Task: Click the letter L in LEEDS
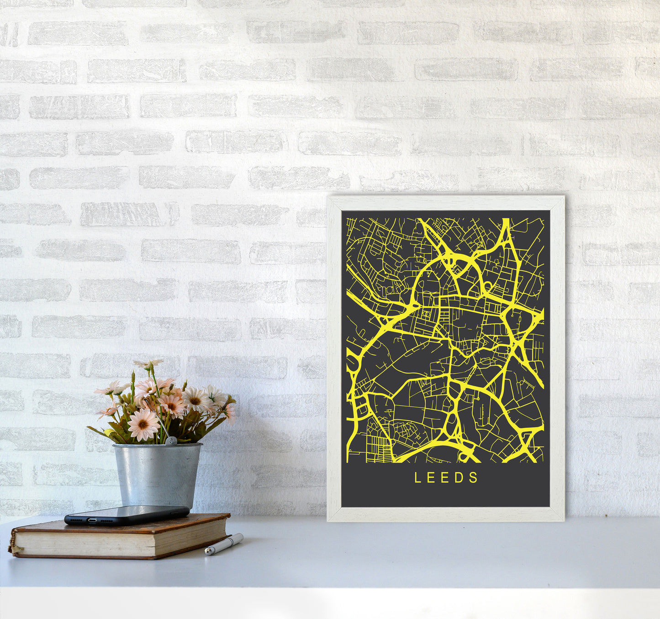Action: [x=417, y=478]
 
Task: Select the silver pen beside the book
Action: [x=224, y=544]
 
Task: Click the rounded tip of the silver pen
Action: [x=208, y=553]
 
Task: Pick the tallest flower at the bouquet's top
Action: [x=148, y=364]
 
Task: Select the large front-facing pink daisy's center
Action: [x=143, y=423]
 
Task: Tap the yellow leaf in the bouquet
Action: [x=109, y=432]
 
